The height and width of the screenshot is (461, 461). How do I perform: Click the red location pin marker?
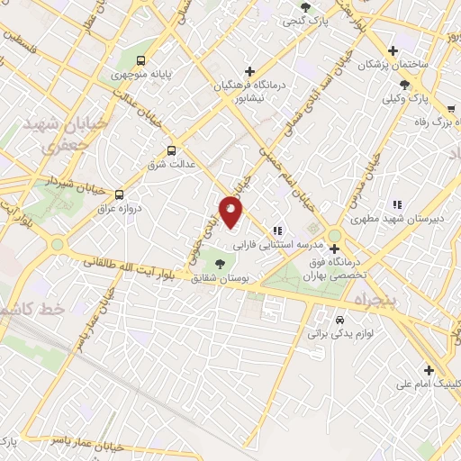231,212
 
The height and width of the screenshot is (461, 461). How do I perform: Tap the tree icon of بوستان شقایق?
221,262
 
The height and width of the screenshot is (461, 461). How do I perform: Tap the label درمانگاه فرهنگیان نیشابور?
249,92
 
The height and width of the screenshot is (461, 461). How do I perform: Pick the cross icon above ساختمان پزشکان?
392,50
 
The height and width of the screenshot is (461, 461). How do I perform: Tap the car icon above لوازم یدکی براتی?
339,320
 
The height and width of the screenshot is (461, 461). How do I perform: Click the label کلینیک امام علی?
432,384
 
